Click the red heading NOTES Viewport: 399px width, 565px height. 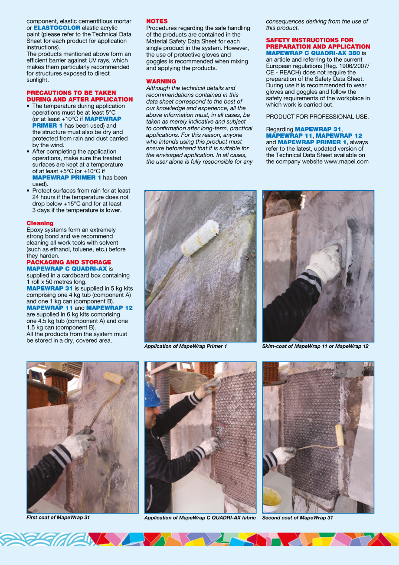click(x=157, y=21)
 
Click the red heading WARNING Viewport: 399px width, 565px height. click(x=161, y=81)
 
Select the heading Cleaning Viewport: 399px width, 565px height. click(x=40, y=223)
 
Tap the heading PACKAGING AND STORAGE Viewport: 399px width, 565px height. click(x=69, y=262)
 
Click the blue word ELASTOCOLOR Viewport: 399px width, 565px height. click(x=57, y=28)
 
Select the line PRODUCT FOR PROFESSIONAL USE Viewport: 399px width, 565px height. click(x=317, y=116)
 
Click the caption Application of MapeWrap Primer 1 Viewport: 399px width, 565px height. click(x=185, y=346)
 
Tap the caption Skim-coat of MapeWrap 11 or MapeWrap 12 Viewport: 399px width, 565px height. click(x=315, y=346)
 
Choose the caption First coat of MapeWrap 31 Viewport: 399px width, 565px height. click(x=58, y=517)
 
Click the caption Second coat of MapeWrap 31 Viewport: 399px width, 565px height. click(x=298, y=518)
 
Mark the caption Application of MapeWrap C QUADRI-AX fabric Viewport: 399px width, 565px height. click(x=200, y=518)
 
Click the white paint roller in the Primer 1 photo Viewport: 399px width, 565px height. click(x=200, y=237)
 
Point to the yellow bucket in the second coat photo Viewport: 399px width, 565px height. click(x=272, y=498)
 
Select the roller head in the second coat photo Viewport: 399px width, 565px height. click(x=339, y=435)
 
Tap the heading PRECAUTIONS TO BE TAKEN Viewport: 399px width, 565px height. click(x=71, y=93)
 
